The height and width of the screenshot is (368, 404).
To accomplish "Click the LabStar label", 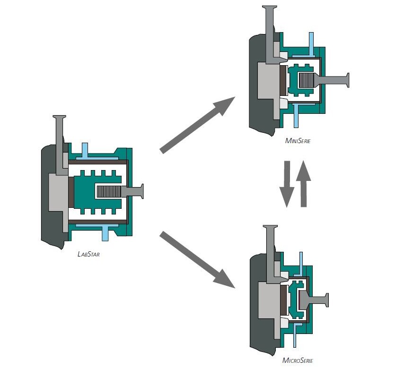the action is pos(88,254).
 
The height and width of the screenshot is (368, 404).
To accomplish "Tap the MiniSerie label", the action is pos(298,141).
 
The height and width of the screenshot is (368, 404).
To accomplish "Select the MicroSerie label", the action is pos(298,360).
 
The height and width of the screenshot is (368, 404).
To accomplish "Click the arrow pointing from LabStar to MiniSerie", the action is pos(198,125).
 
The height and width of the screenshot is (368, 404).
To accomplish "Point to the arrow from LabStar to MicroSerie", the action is pos(198,260).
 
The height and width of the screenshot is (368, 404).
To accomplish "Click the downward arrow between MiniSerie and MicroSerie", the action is pos(287,184).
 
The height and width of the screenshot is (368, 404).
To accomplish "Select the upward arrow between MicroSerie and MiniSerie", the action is pos(304,184).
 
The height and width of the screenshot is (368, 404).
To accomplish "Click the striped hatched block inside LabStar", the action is pos(108,192).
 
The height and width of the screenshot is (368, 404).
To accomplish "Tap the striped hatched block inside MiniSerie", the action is pos(306,80).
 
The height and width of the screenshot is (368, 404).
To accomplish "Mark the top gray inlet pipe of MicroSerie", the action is pos(272,254).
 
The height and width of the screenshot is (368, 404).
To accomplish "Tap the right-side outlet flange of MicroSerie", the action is pos(315,300).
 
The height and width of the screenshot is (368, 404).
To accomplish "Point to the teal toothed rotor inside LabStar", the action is pos(97,192).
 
